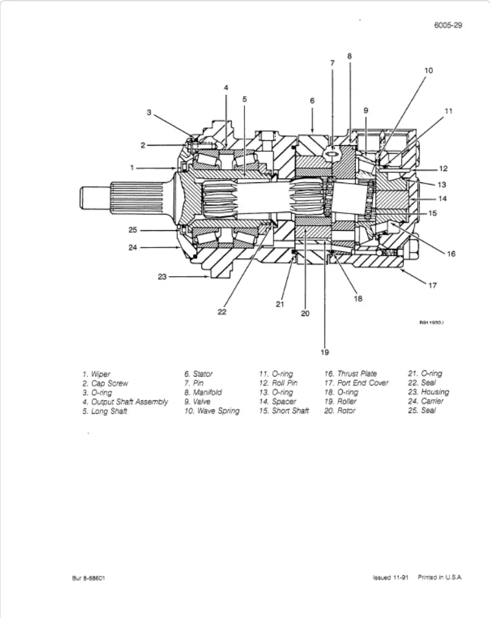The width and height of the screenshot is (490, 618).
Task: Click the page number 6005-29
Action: click(448, 25)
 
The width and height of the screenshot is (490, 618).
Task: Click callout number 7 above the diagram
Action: click(332, 63)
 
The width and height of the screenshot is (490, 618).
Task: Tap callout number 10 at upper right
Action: click(428, 71)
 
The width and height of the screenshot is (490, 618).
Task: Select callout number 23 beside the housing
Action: click(163, 277)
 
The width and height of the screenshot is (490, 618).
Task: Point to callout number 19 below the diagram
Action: click(324, 352)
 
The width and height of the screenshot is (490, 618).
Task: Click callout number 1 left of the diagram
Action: click(132, 168)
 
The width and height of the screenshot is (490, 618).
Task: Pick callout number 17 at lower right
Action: click(432, 285)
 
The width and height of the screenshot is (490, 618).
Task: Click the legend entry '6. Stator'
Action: click(198, 374)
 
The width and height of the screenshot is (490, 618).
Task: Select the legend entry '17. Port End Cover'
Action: click(357, 383)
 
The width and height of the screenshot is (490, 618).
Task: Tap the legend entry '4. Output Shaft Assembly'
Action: click(125, 401)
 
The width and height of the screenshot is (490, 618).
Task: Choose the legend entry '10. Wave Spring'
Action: click(212, 411)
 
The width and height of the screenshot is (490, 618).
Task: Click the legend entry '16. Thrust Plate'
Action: click(350, 374)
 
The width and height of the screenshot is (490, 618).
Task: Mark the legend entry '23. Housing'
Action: click(428, 392)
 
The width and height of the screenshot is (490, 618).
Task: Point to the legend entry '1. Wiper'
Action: click(96, 374)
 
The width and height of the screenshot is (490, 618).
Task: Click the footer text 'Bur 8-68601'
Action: click(87, 578)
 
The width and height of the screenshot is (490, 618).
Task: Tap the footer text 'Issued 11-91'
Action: click(390, 577)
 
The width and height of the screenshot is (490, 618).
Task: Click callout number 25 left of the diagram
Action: click(132, 230)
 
